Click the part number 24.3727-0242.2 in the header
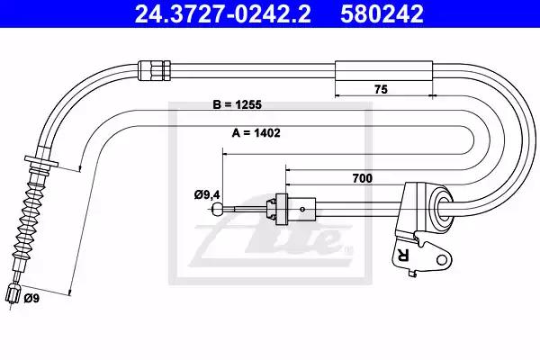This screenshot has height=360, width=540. pyautogui.click(x=222, y=13)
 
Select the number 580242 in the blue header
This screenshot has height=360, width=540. pyautogui.click(x=382, y=13)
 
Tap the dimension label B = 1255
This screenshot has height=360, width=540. pyautogui.click(x=237, y=104)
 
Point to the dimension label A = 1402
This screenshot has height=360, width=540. pyautogui.click(x=256, y=132)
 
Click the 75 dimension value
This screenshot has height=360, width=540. pyautogui.click(x=381, y=90)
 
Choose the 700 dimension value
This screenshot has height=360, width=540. pyautogui.click(x=363, y=178)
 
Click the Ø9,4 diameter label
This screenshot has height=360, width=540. pyautogui.click(x=207, y=195)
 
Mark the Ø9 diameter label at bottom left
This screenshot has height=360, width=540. pyautogui.click(x=31, y=298)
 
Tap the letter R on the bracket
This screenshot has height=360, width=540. pyautogui.click(x=402, y=255)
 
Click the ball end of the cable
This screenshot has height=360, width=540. pyautogui.click(x=218, y=209)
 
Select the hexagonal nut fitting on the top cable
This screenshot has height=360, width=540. pyautogui.click(x=154, y=70)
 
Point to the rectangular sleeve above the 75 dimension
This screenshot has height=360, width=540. pyautogui.click(x=383, y=71)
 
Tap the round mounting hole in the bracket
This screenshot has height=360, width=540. pyautogui.click(x=442, y=259)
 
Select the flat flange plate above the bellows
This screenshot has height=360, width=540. pyautogui.click(x=41, y=161)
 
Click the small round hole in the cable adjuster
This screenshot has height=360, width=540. pyautogui.click(x=302, y=209)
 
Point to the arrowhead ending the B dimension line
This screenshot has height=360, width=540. pyautogui.click(x=80, y=168)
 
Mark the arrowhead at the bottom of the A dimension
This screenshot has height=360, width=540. pyautogui.click(x=70, y=292)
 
